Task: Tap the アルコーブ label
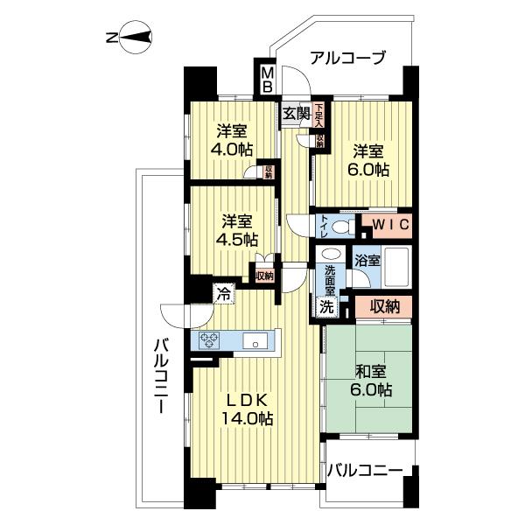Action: tap(347, 59)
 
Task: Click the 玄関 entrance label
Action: tap(296, 112)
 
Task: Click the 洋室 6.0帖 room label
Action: tap(371, 158)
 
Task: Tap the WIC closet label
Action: tap(385, 225)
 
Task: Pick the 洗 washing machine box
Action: tap(325, 307)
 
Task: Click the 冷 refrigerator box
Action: tap(225, 294)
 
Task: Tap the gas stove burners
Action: tap(214, 341)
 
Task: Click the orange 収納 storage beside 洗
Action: tap(384, 307)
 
